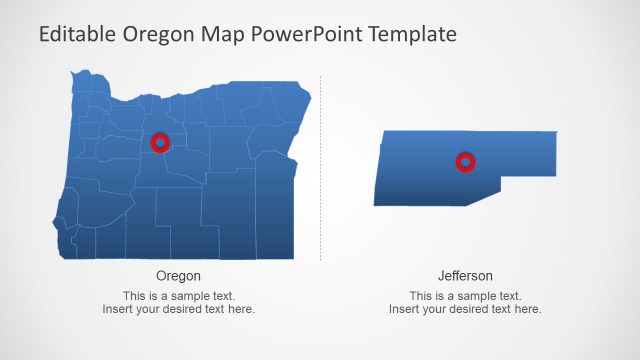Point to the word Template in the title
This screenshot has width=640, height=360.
pos(413,34)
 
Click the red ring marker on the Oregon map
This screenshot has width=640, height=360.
pos(160,143)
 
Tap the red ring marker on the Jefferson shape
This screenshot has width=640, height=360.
pos(465,162)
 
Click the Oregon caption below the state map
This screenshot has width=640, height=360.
pos(178,275)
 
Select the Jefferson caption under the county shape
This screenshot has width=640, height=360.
pos(465,275)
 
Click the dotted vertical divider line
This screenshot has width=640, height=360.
pos(321,170)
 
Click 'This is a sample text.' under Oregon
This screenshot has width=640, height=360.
pos(178,296)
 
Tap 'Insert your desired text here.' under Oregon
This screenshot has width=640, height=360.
pos(178,309)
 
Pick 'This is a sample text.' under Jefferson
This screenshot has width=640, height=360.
pos(465,296)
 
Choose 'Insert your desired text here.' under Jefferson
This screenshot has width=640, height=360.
pos(465,309)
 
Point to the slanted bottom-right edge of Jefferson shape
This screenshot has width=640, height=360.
pos(481,195)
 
